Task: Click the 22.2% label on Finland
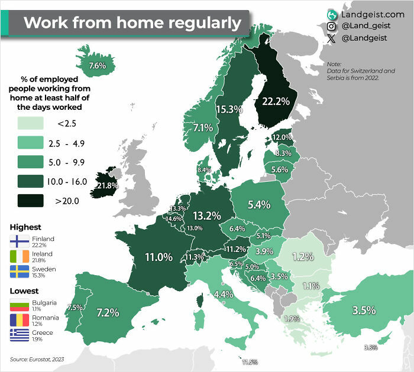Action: pos(275,101)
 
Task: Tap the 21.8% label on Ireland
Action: pos(108,185)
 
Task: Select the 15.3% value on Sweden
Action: pos(229,109)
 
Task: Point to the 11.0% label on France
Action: pos(159,257)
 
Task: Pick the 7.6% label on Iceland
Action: pos(96,66)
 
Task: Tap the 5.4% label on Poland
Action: pos(258,204)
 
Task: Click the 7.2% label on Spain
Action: pos(108,312)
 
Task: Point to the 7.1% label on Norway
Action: pos(203,128)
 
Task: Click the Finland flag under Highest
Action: pos(20,242)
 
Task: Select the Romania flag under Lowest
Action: pos(20,319)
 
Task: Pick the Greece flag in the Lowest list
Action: pos(20,335)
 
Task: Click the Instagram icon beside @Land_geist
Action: pos(332,27)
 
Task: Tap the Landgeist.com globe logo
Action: pos(332,13)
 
